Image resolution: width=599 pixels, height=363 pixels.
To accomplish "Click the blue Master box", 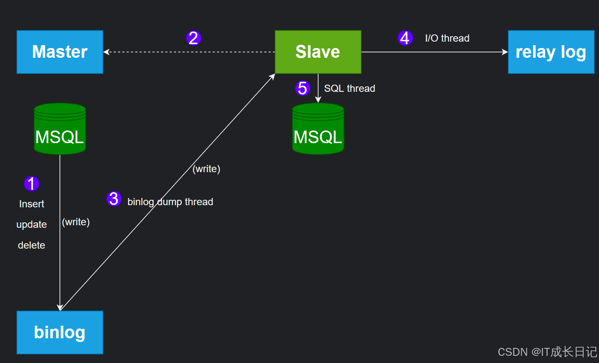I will pos(60,52).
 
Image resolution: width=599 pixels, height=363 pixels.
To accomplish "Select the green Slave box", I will pos(318,52).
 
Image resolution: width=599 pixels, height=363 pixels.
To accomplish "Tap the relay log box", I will pos(551,52).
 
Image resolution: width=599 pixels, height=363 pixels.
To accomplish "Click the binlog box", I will pos(60,333).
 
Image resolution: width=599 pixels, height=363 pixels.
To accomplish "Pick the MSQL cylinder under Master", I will pos(60,129).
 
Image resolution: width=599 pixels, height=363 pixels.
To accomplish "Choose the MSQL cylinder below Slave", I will pos(318,129).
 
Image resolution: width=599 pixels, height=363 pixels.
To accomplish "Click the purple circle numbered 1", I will pos(32,184).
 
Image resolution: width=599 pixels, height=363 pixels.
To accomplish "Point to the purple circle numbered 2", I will pos(193,38).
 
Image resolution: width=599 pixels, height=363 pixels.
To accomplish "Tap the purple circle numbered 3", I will pos(114,199).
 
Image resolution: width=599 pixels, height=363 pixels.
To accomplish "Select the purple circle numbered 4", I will pos(405,38).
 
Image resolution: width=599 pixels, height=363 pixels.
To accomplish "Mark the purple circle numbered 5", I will pos(302,88).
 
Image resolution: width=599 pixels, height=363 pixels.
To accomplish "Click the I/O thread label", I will pos(447,38).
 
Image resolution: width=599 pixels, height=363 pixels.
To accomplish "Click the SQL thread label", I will pos(349,88).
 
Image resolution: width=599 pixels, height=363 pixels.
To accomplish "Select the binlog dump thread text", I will pos(170,202).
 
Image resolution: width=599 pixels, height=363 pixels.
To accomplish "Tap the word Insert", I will pos(32,204).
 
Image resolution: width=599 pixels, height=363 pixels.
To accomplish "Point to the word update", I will pos(32,225).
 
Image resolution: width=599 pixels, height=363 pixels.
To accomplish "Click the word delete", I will pos(32,245).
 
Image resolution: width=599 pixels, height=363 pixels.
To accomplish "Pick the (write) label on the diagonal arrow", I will pos(206,169).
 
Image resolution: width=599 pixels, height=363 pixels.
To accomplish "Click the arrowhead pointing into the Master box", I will pos(106,52).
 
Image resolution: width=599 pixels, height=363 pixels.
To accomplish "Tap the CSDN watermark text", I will pos(547,352).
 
